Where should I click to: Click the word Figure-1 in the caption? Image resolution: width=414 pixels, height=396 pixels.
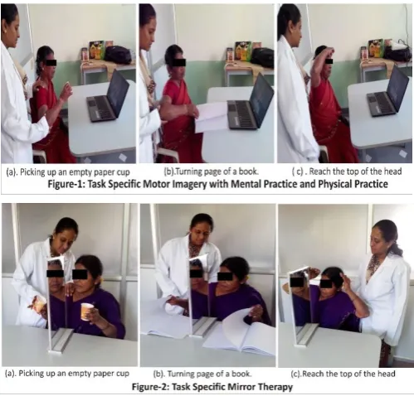pyautogui.click(x=66, y=184)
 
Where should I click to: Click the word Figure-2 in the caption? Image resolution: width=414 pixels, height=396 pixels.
pyautogui.click(x=149, y=387)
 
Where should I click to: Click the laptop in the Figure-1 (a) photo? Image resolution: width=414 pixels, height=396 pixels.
pyautogui.click(x=107, y=97)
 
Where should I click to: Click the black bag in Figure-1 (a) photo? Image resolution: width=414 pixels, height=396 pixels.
pyautogui.click(x=119, y=55)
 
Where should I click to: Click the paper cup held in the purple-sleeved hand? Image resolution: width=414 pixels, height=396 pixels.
pyautogui.click(x=86, y=311)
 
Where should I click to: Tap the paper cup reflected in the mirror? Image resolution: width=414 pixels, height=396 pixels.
pyautogui.click(x=39, y=304)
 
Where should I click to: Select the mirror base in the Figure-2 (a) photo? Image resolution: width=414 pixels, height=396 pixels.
pyautogui.click(x=61, y=341)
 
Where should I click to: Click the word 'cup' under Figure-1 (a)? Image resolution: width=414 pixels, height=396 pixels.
pyautogui.click(x=123, y=172)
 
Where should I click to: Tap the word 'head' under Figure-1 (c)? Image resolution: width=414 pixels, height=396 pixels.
pyautogui.click(x=392, y=171)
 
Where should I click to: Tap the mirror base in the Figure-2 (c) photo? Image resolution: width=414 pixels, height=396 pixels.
pyautogui.click(x=305, y=337)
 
